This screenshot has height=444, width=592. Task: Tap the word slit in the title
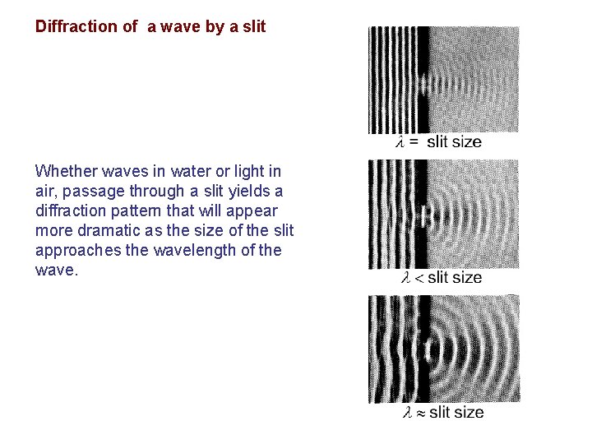(254, 26)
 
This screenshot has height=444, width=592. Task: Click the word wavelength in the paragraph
(193, 250)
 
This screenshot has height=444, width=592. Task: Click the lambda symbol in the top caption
(400, 141)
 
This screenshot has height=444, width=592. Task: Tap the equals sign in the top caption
(414, 141)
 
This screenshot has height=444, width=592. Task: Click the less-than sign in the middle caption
(419, 277)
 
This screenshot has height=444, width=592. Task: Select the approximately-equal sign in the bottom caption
(419, 412)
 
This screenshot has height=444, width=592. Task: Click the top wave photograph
(444, 80)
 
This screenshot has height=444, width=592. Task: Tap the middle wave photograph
(444, 214)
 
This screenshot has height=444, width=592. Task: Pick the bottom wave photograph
(444, 349)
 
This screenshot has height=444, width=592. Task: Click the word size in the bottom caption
(469, 412)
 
